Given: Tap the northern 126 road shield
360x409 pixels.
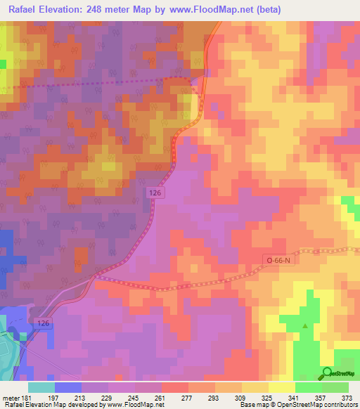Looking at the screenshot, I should point(156,191).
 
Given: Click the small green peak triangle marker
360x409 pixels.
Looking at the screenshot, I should point(305,326).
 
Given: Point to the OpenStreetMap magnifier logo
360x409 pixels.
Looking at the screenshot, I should point(327,373).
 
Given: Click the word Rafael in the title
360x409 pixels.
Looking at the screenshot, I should point(26,9).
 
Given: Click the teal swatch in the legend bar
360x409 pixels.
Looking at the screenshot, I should point(41,387).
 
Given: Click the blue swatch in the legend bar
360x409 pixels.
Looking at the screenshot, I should point(67,387).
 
